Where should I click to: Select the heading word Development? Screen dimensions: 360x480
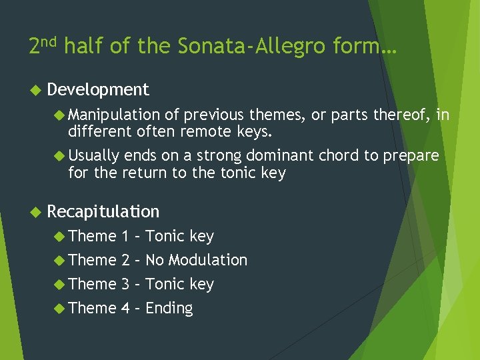[x=98, y=89]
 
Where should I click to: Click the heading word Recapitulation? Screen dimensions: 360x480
[x=103, y=211]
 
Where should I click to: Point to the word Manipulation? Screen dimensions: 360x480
[x=114, y=115]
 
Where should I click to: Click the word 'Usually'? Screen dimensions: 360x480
[x=94, y=156]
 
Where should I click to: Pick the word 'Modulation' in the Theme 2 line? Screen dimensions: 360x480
[x=207, y=260]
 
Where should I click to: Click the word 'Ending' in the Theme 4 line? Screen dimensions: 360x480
[x=169, y=309]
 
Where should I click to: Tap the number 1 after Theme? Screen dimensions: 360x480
[x=125, y=236]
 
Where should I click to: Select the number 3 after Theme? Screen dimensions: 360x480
[x=125, y=284]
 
